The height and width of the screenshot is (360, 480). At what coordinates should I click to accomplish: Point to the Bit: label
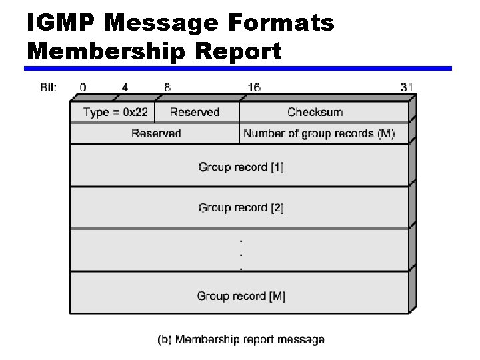[48, 87]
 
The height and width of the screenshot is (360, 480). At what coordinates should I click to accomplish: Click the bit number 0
[83, 87]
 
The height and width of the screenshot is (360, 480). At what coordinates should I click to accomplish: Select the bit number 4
[125, 87]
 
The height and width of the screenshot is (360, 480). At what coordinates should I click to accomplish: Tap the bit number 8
[167, 87]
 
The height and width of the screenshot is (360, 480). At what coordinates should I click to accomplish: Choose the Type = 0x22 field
[115, 112]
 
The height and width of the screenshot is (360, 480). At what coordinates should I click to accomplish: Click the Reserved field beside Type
[195, 112]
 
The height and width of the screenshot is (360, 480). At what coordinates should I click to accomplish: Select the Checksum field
[315, 112]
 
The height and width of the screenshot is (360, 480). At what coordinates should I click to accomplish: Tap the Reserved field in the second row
[156, 133]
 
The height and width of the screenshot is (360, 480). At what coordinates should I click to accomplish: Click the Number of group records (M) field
[319, 133]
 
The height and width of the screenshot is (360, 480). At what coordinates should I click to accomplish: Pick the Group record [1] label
[241, 167]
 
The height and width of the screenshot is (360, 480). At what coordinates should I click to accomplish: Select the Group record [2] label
[241, 207]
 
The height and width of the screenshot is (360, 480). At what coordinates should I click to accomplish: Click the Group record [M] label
[241, 296]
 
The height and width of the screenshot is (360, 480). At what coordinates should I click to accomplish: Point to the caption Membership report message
[241, 340]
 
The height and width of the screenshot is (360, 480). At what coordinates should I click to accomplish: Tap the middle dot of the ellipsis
[241, 254]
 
